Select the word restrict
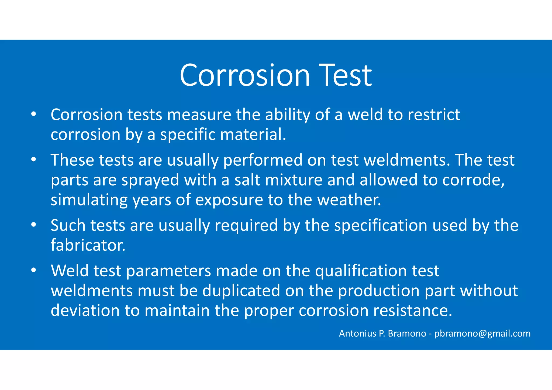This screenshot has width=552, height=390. click(434, 115)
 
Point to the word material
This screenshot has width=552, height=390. click(253, 135)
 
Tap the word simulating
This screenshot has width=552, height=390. click(89, 200)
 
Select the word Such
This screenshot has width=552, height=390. click(68, 225)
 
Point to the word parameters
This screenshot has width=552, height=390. click(169, 271)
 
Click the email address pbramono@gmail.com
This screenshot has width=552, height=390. click(482, 334)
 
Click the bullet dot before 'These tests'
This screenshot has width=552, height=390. click(33, 159)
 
